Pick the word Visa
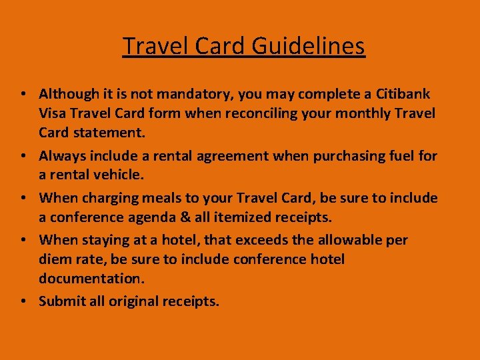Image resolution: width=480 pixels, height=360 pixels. [x=53, y=113]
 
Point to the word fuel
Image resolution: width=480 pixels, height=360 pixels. [x=405, y=156]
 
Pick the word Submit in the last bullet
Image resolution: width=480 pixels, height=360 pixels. [x=62, y=301]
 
